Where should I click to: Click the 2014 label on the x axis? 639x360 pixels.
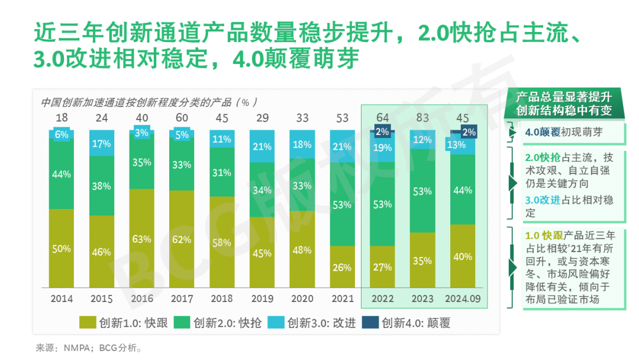click(62, 298)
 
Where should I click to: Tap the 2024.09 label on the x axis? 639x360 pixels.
click(463, 298)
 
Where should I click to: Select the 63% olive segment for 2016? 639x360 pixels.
click(141, 239)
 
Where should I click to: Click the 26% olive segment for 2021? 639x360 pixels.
click(342, 267)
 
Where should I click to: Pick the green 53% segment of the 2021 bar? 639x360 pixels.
click(342, 205)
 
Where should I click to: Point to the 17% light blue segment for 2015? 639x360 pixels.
click(102, 143)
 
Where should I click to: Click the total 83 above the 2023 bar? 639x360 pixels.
click(422, 118)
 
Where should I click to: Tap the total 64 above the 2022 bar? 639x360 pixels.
click(382, 118)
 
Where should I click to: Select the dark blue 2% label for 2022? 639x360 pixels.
click(382, 132)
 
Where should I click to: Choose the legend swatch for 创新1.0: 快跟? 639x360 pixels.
click(88, 323)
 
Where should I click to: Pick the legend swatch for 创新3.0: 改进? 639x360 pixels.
click(276, 323)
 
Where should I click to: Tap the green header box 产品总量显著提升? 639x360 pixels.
click(563, 103)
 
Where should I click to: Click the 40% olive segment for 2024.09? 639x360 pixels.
click(463, 257)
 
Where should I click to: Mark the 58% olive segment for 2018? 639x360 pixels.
click(222, 243)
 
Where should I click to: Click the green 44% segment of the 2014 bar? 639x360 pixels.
click(62, 174)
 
